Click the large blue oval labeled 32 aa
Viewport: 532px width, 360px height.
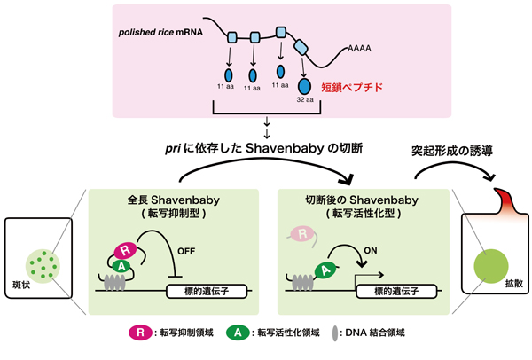click(x=306, y=87)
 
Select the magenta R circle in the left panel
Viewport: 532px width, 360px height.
click(x=124, y=250)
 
